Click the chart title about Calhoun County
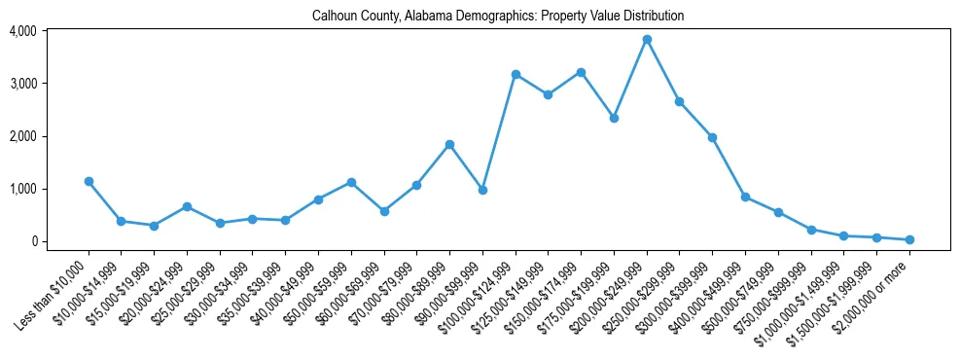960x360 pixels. click(498, 16)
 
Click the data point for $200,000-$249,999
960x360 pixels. click(647, 40)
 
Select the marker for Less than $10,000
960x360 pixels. click(89, 181)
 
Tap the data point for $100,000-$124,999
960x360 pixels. click(516, 74)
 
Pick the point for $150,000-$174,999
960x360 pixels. click(581, 72)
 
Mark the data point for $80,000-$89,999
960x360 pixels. click(449, 144)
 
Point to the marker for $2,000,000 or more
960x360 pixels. click(909, 239)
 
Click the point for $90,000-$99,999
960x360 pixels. click(482, 190)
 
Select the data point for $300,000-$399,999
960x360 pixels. click(712, 138)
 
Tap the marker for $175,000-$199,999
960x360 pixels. click(614, 118)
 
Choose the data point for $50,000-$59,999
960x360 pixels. click(351, 182)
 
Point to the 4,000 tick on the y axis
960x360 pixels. click(22, 31)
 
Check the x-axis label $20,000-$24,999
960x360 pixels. click(151, 291)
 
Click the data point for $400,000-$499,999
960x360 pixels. click(745, 197)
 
